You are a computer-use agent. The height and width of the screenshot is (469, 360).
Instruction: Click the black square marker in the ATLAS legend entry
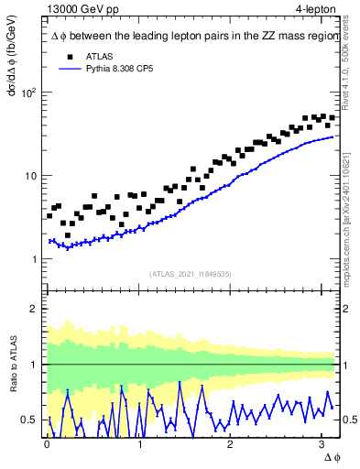coord(63,56)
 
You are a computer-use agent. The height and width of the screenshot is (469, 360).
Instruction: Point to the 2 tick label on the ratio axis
coord(33,309)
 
